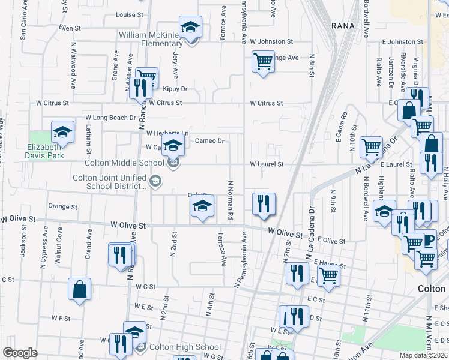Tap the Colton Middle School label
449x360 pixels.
pos(125,163)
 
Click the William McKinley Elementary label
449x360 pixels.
pos(150,39)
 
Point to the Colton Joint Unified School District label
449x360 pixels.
pos(110,182)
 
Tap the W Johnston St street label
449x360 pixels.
pos(271,42)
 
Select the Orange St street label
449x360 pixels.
pos(62,207)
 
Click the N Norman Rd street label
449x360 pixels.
pos(229,199)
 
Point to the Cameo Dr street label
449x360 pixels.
pos(209,141)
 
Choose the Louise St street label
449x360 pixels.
pos(130,14)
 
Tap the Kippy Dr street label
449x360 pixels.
pos(175,89)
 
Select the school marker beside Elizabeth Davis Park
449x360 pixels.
pos(62,132)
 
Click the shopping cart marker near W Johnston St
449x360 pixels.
pos(262,62)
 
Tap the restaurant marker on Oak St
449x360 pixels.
pos(264,204)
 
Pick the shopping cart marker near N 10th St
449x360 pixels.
pos(372,146)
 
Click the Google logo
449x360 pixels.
pos(20,353)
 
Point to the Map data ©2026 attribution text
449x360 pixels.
pos(423,355)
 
